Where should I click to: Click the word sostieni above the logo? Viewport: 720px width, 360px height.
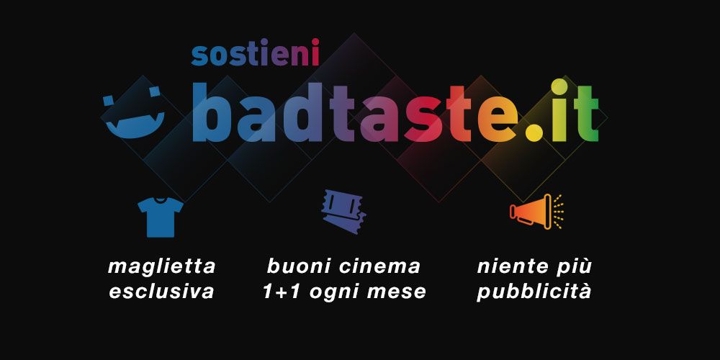[x=255, y=53]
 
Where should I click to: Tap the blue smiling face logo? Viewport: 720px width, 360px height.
[x=134, y=114]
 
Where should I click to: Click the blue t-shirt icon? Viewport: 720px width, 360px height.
[x=161, y=217]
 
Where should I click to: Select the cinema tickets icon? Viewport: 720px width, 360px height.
[x=344, y=211]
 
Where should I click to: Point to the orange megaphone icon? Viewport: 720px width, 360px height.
[x=536, y=211]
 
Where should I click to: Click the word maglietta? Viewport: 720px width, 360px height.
[x=161, y=267]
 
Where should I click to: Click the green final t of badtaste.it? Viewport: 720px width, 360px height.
[x=586, y=114]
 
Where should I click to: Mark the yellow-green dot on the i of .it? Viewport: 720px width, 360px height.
[x=559, y=87]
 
